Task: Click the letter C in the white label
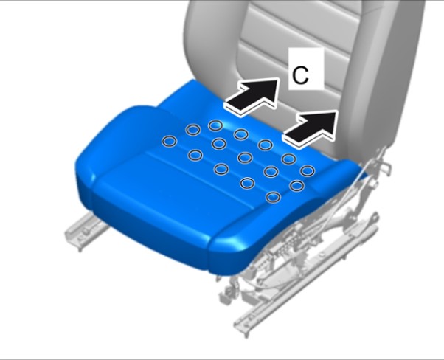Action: (x=300, y=76)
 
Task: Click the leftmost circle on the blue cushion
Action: (x=170, y=141)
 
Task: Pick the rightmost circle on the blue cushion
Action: (x=308, y=171)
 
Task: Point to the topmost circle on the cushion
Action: (x=215, y=125)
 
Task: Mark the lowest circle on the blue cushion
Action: (x=273, y=197)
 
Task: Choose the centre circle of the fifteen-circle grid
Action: (x=245, y=157)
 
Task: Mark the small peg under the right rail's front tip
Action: (x=246, y=333)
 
